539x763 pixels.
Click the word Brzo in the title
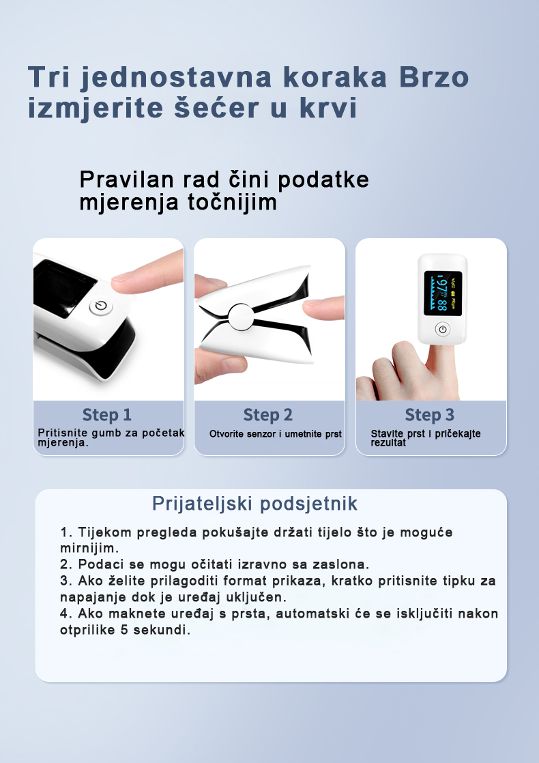tap(433, 78)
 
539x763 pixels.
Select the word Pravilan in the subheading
tap(126, 179)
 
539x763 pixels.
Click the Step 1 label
tap(107, 415)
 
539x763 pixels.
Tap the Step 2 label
tap(268, 415)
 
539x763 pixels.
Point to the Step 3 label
tap(429, 415)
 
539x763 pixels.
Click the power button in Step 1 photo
tap(101, 307)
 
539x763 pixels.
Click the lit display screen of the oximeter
tap(443, 293)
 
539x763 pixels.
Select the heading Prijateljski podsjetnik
tap(254, 504)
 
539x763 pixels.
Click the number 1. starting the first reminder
tap(66, 532)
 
